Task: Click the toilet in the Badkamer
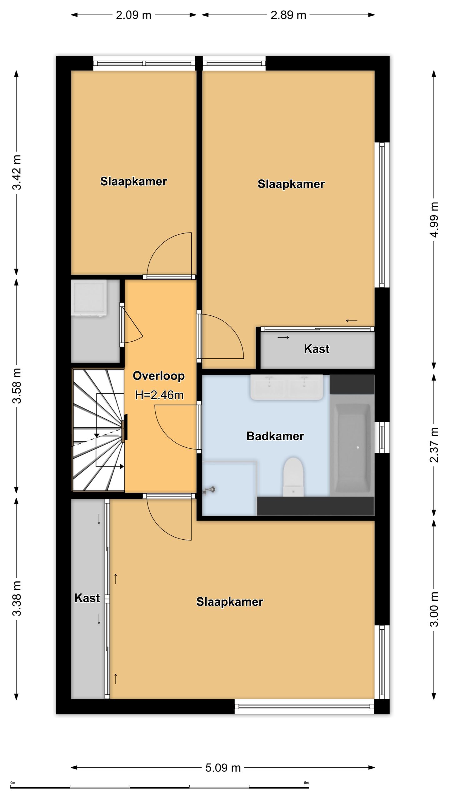[293, 477]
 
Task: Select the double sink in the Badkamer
[287, 387]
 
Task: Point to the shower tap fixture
[209, 490]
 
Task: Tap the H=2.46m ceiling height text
[159, 395]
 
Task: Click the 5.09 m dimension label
[223, 768]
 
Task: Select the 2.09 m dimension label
[133, 15]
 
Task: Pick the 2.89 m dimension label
[288, 15]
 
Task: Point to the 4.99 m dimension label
[434, 219]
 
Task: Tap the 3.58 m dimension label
[17, 385]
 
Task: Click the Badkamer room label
[275, 436]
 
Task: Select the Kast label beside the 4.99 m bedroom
[317, 349]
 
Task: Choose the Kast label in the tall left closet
[87, 598]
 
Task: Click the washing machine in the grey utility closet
[89, 298]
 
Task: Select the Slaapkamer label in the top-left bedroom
[133, 181]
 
